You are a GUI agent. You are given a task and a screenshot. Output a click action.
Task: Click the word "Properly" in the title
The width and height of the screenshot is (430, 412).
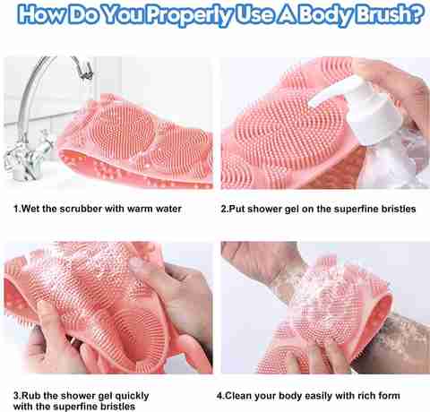(x=189, y=15)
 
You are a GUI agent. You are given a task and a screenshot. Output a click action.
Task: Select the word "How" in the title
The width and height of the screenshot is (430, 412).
(x=42, y=13)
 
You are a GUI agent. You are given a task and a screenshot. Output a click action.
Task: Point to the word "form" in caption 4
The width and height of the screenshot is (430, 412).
(x=389, y=396)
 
